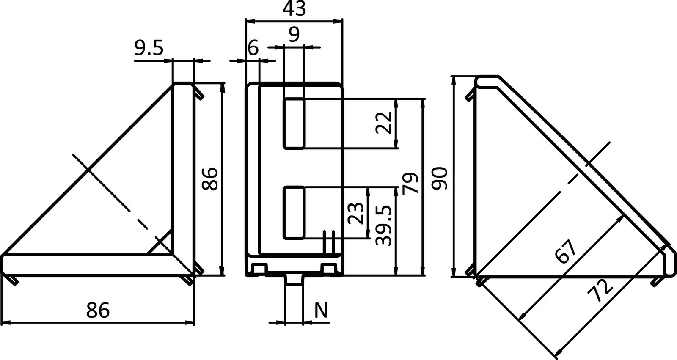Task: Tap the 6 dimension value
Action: coord(253,49)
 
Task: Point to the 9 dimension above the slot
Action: coord(294,33)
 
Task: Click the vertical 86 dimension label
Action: coord(210,179)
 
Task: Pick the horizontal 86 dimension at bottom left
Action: coord(98,310)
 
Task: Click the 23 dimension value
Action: coord(355,213)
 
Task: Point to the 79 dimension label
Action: coord(410,183)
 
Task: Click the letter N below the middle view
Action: coord(321,311)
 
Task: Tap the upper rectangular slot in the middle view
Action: coord(294,123)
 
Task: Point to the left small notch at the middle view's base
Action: coord(259,269)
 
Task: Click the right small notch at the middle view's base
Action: coord(327,269)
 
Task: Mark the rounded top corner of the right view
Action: coord(487,80)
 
